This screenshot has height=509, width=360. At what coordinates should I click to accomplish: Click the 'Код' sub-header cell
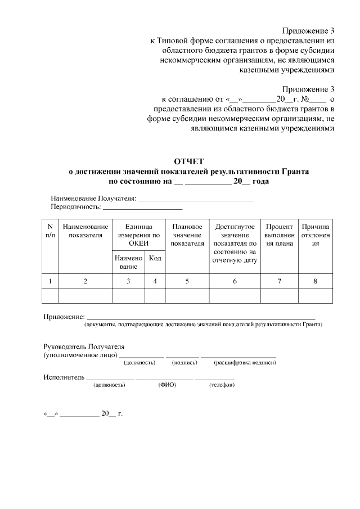tap(155, 258)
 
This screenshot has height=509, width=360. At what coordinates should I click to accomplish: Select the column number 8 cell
tap(316, 281)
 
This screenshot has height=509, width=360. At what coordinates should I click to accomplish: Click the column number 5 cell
tap(187, 281)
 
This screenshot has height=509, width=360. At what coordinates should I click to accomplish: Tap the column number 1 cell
tap(50, 281)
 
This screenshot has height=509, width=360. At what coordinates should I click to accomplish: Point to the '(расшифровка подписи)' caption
tap(238, 363)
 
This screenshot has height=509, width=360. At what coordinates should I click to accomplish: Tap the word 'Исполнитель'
tap(64, 376)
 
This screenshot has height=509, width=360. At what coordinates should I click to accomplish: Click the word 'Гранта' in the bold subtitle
tap(295, 171)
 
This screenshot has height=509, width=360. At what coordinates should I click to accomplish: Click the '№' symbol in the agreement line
tap(307, 98)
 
